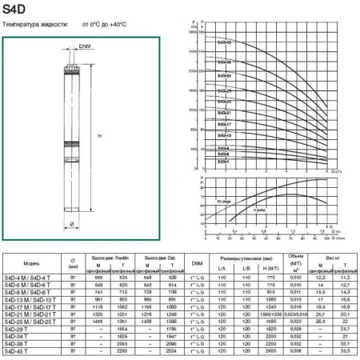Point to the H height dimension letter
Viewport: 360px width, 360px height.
point(98,136)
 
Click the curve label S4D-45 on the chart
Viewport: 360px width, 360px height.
point(224,41)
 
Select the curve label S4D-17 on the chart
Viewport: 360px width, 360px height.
point(224,125)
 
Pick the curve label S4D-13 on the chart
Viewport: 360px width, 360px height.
point(224,136)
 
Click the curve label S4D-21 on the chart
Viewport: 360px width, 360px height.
point(224,113)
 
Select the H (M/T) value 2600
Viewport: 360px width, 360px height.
point(270,350)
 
